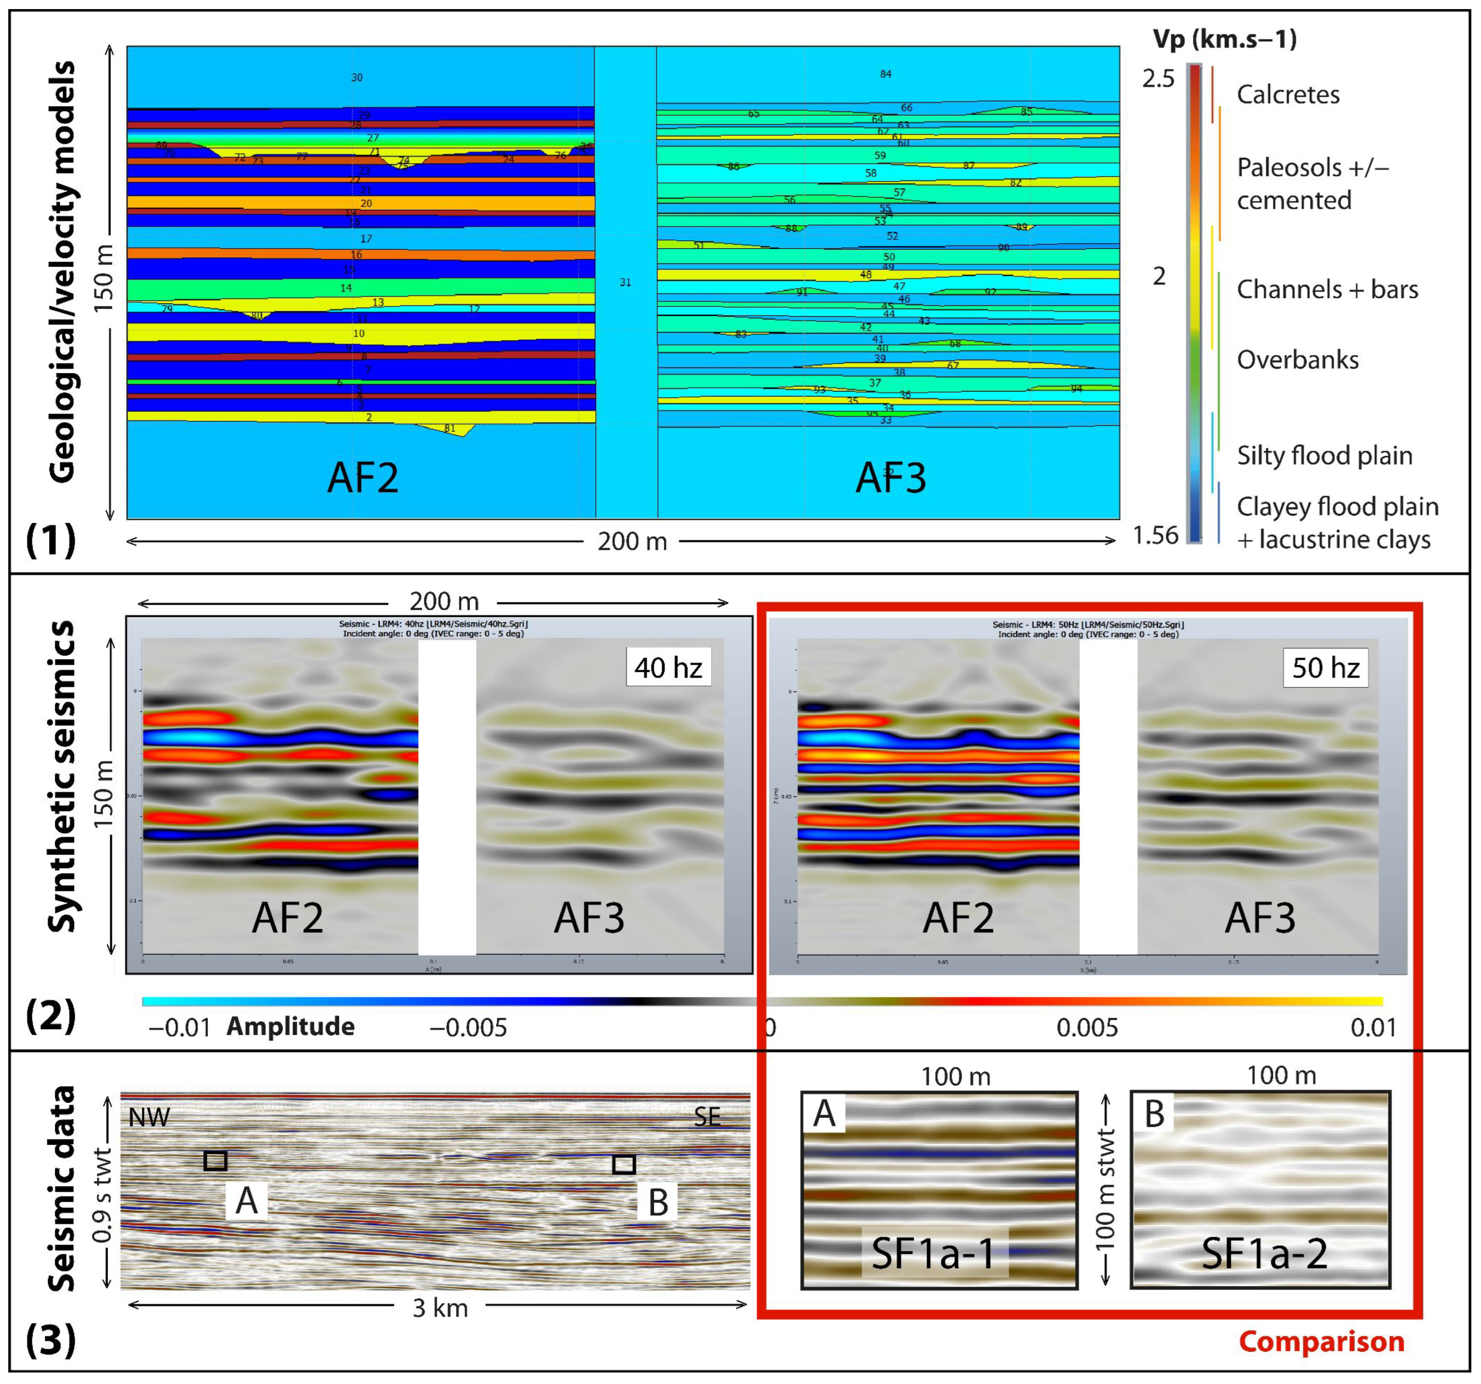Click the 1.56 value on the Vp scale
point(1155,535)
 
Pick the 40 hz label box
point(668,667)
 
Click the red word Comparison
point(1321,1341)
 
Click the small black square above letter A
point(215,1160)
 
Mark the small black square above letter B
point(624,1164)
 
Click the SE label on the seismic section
point(707,1116)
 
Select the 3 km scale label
point(440,1308)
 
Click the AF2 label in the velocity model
point(363,478)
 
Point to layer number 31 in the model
point(625,283)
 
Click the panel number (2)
point(50,1015)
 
